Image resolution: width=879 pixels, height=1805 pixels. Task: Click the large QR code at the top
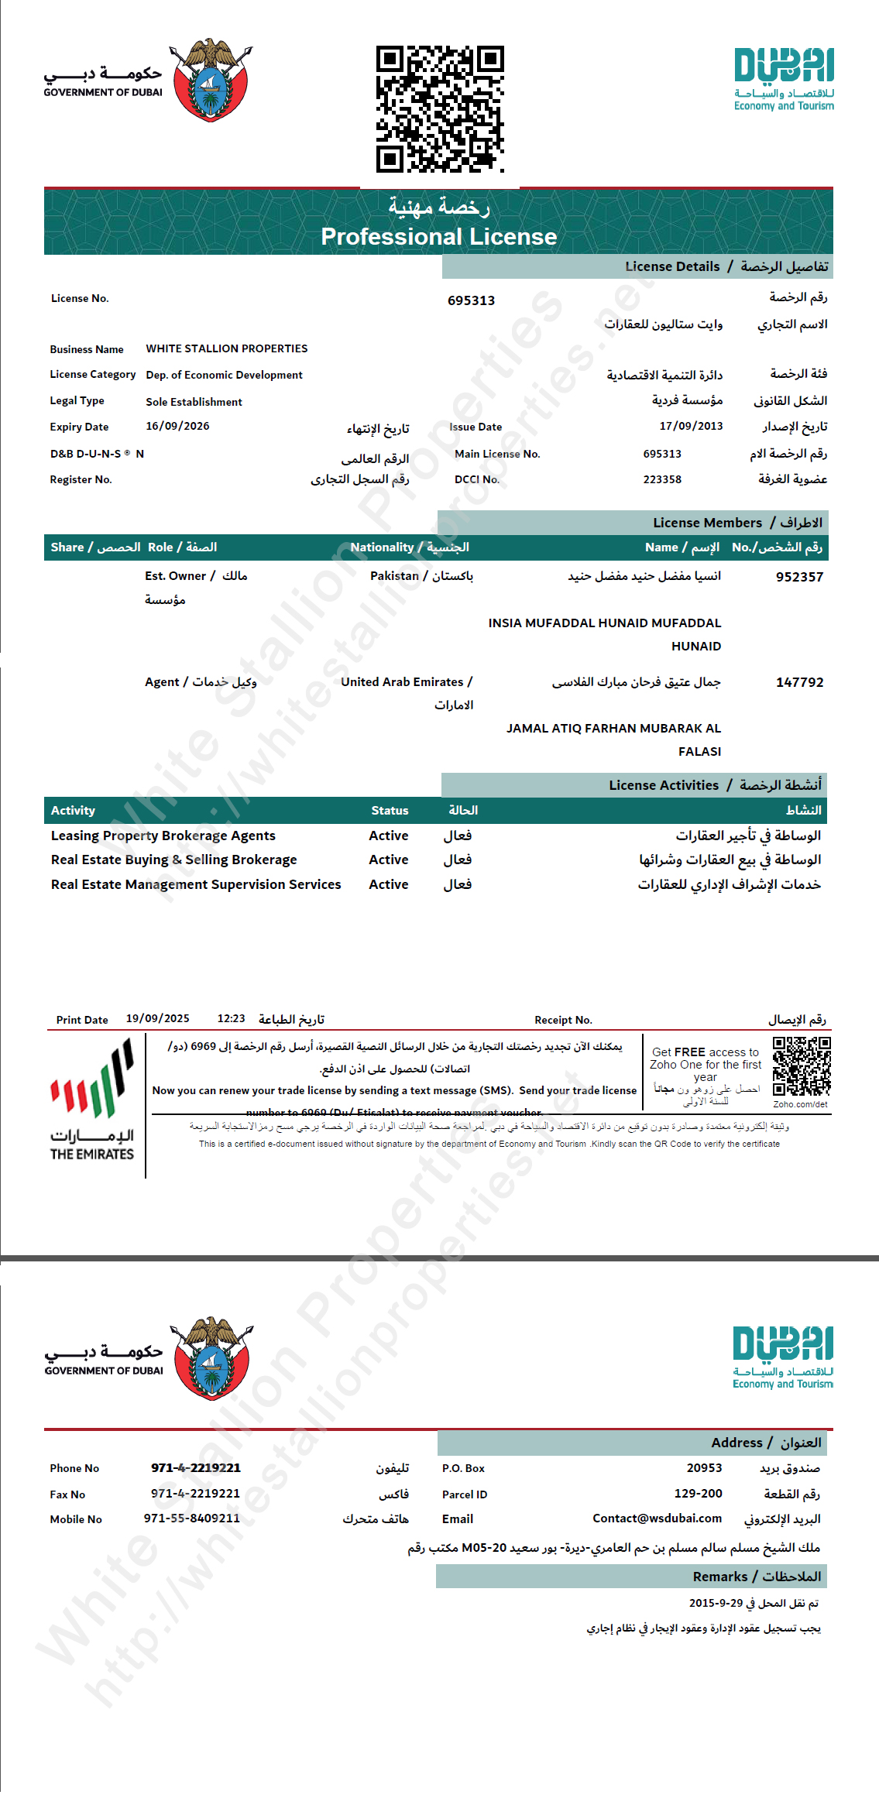(x=440, y=108)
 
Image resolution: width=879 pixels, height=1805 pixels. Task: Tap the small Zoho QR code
(x=802, y=1066)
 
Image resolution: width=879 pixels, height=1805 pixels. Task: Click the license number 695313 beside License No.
(x=471, y=300)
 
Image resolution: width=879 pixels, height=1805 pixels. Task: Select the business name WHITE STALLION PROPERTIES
(x=226, y=348)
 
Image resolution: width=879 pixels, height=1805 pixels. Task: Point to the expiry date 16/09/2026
(x=177, y=426)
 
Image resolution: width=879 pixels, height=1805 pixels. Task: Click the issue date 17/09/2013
(x=691, y=426)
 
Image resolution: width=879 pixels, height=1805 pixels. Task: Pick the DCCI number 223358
(x=662, y=479)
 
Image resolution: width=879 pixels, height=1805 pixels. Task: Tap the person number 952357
(x=799, y=577)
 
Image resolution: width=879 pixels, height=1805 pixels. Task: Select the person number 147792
(x=799, y=682)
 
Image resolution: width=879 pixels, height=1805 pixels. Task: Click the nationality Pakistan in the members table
(x=394, y=575)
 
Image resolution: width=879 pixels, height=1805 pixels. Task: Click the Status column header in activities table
(x=390, y=810)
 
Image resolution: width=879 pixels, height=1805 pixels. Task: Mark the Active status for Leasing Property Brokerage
(x=388, y=836)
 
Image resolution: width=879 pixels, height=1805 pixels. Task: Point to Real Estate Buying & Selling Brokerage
(x=174, y=860)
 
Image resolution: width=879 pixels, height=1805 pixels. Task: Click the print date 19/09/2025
(x=157, y=1018)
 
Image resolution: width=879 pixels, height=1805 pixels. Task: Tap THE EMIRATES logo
(x=92, y=1100)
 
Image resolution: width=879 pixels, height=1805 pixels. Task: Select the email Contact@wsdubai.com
(x=657, y=1518)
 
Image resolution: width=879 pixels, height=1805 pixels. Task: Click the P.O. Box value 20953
(x=704, y=1467)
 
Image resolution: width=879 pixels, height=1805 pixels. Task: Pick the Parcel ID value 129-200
(x=698, y=1493)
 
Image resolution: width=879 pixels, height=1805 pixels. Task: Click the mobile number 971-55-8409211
(x=191, y=1518)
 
